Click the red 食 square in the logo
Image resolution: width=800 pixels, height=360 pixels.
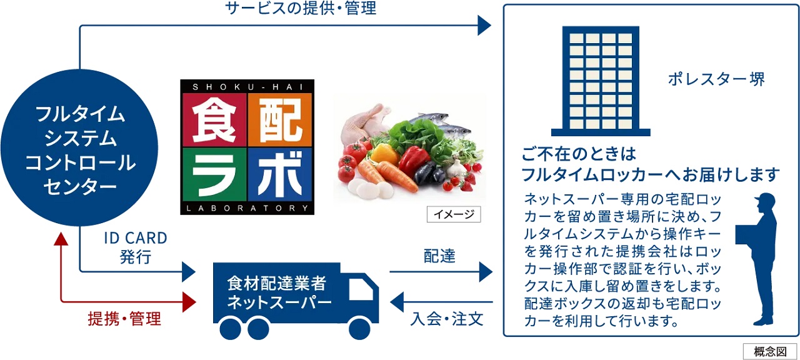point(214,119)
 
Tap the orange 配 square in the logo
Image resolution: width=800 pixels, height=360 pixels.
point(280,119)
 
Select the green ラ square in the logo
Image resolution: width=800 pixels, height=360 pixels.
point(214,175)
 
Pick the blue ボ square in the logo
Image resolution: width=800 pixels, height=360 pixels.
point(280,175)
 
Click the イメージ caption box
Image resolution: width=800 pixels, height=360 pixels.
point(454,214)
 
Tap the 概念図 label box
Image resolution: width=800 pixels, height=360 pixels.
point(771,351)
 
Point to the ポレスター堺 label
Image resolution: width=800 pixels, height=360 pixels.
point(716,79)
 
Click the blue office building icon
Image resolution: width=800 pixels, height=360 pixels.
point(601,81)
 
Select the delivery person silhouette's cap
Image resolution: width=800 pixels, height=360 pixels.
point(765,199)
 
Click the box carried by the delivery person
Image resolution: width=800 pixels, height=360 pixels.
point(744,234)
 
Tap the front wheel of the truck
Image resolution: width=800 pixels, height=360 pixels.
point(359,329)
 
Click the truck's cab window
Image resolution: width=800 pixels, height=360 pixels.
point(361,289)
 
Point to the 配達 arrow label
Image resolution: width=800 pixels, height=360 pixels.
point(439,256)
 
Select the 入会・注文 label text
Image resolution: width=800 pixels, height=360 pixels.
point(447,319)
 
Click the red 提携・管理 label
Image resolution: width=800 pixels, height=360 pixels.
point(124,319)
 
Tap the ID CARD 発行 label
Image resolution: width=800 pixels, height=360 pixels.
point(136,247)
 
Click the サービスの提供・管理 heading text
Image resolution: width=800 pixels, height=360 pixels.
point(301,8)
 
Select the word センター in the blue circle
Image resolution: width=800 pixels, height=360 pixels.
point(80,186)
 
